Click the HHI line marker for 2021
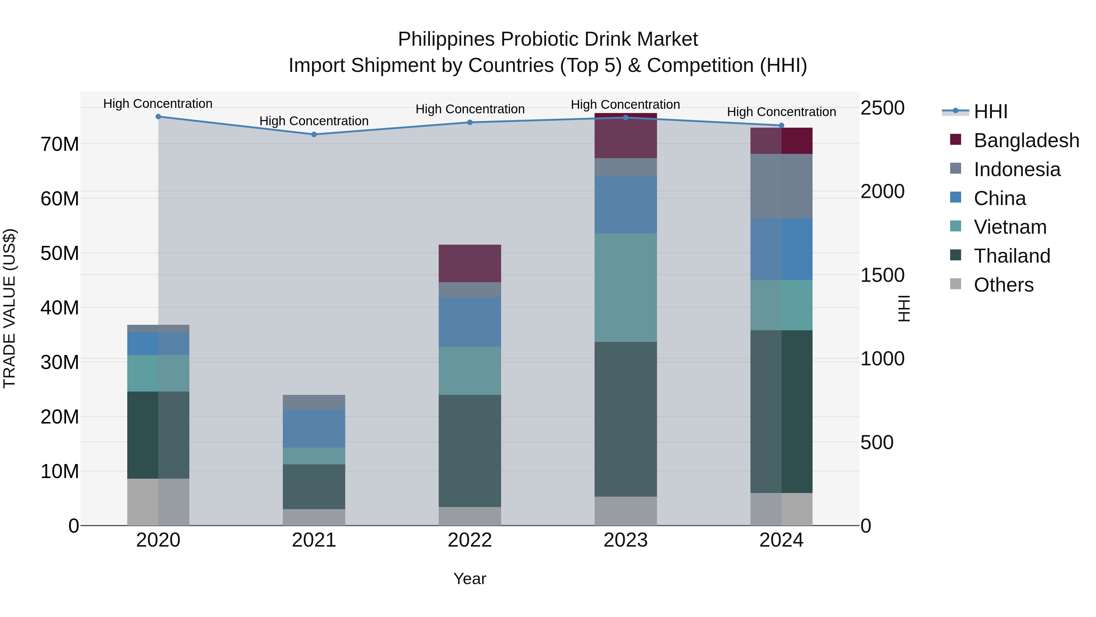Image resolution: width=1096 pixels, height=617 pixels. click(x=314, y=135)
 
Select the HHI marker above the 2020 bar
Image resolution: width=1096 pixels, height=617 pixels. click(x=158, y=117)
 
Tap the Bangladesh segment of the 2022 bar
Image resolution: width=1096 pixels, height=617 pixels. click(x=470, y=263)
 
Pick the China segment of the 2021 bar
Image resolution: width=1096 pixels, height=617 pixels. click(x=314, y=428)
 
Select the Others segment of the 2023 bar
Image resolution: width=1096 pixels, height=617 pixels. click(x=625, y=511)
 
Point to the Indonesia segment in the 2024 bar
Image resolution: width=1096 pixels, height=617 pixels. click(x=781, y=186)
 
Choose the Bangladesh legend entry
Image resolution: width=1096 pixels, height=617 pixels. click(x=1026, y=140)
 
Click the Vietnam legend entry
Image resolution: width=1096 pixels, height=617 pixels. click(x=1010, y=227)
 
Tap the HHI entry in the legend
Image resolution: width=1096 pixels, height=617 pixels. click(x=990, y=112)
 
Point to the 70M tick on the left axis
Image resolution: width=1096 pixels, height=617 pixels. click(x=60, y=144)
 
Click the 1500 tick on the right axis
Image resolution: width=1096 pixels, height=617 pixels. click(x=882, y=275)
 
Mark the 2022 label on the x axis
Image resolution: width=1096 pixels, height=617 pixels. click(x=470, y=540)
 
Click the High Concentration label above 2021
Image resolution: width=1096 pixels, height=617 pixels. click(x=314, y=121)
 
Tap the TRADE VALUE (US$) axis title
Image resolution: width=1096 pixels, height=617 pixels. click(x=9, y=308)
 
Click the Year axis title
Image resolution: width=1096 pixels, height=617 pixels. click(x=470, y=579)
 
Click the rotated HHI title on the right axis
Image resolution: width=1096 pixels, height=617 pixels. click(x=904, y=308)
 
